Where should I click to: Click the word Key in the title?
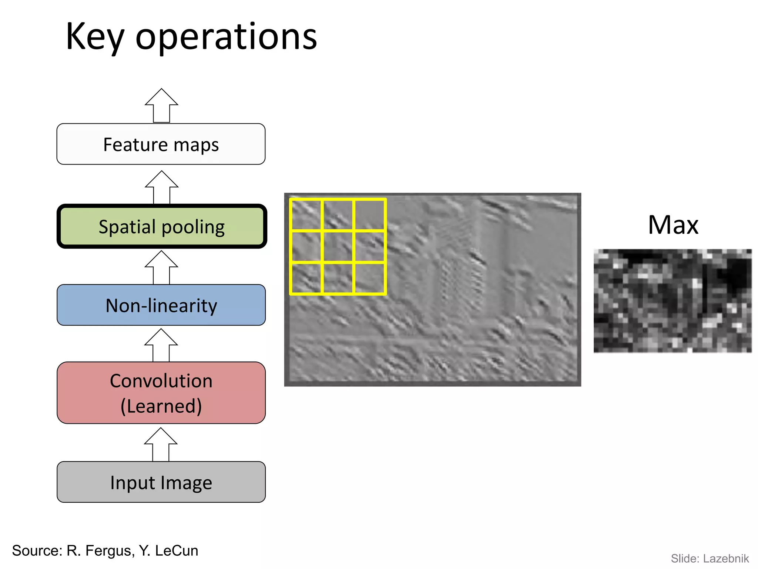pyautogui.click(x=95, y=37)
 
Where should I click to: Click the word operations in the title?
pyautogui.click(x=226, y=37)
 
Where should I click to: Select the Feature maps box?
pyautogui.click(x=161, y=144)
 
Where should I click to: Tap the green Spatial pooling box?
pyautogui.click(x=162, y=226)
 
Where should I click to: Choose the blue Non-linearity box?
pyautogui.click(x=161, y=305)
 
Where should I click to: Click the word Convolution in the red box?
pyautogui.click(x=161, y=381)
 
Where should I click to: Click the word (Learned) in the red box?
pyautogui.click(x=161, y=406)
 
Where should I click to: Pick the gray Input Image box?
pyautogui.click(x=161, y=482)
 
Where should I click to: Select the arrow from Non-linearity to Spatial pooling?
pyautogui.click(x=161, y=268)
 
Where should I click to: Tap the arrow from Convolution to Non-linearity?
pyautogui.click(x=161, y=346)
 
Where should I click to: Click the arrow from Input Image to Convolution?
pyautogui.click(x=161, y=445)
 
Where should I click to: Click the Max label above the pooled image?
pyautogui.click(x=673, y=225)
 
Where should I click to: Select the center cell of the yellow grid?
pyautogui.click(x=338, y=247)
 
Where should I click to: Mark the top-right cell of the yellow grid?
pyautogui.click(x=370, y=215)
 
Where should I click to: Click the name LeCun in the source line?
pyautogui.click(x=177, y=551)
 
